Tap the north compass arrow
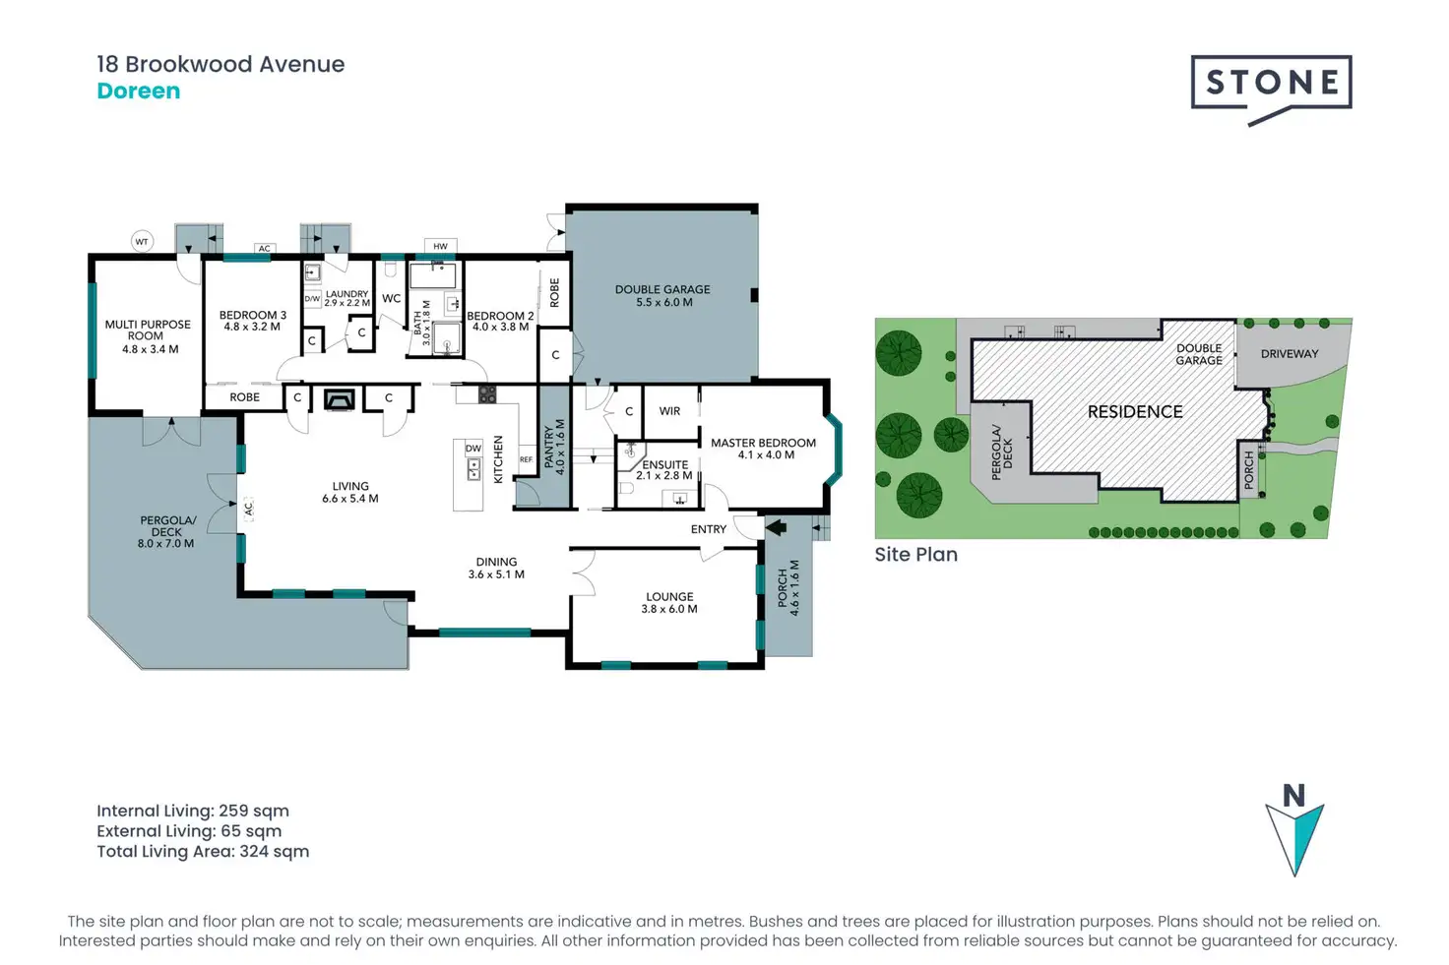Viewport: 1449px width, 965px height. point(1294,834)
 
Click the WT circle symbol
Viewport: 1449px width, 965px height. point(142,241)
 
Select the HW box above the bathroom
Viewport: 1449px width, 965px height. point(440,246)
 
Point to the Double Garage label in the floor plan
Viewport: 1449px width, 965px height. point(662,295)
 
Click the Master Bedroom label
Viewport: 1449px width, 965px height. point(764,449)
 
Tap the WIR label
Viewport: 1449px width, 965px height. point(669,411)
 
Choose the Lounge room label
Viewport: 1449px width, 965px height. point(669,602)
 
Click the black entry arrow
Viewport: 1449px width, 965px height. point(776,528)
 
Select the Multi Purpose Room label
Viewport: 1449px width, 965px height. point(148,335)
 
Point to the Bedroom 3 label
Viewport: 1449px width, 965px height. point(252,321)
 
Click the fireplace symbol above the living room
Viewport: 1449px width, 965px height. point(339,399)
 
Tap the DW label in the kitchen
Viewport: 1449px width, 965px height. point(473,449)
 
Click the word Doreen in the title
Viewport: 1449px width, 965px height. point(139,91)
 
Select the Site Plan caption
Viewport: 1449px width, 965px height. point(915,555)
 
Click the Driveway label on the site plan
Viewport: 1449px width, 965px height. point(1289,354)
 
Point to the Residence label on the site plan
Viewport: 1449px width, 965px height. point(1135,412)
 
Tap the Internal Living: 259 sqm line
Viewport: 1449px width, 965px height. point(193,812)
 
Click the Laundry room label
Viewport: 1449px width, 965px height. point(346,297)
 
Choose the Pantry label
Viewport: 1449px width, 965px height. point(554,448)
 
